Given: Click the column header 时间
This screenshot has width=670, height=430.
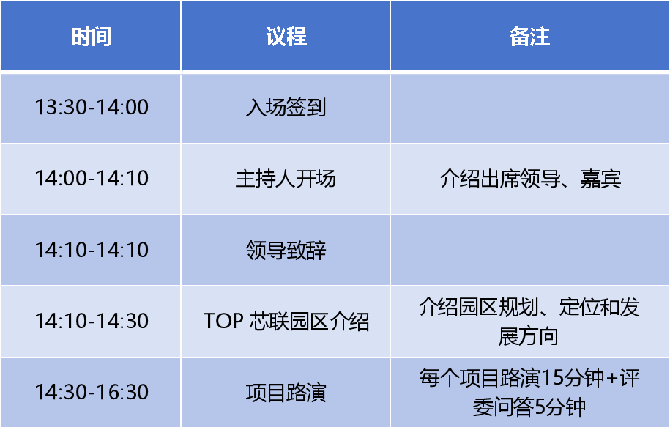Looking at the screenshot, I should point(92,37).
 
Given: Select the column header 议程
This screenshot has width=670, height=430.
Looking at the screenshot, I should point(286,37).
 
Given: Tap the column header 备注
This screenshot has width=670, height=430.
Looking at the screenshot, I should point(529,37).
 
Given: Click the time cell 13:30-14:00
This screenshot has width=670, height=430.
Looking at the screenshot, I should point(92,107).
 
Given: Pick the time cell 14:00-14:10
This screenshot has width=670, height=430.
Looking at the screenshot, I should point(92,178).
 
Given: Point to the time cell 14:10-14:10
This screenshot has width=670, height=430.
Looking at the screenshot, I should point(92,250).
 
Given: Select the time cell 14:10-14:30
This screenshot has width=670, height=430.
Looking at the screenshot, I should point(92,321).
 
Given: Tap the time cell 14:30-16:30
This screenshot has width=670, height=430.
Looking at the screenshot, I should point(92,392).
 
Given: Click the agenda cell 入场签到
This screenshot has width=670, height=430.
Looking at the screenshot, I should point(286,107).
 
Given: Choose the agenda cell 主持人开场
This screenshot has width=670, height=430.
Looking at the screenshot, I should point(286,178).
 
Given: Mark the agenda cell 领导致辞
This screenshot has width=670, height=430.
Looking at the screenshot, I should point(286,250).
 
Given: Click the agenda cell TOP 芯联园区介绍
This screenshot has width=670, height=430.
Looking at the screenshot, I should point(286,321).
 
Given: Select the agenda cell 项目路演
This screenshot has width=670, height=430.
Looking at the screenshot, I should point(286,392).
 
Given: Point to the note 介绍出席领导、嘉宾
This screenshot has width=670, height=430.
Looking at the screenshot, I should point(529,178).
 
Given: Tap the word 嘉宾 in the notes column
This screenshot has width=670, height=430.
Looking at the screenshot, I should point(600,178).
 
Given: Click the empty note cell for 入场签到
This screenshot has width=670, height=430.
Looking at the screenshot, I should point(529,107).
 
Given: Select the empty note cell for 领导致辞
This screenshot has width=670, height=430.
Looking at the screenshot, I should point(529,250).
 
